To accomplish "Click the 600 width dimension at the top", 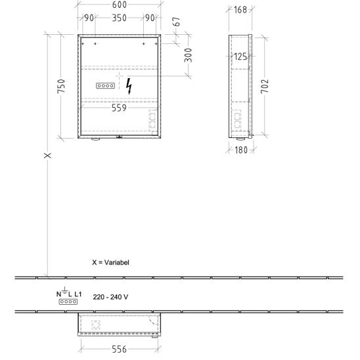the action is tap(120, 5).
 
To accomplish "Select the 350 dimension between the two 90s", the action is tap(119, 18).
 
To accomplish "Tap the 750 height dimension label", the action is tap(61, 86).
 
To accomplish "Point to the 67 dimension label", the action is tap(176, 22).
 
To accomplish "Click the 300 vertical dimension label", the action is tap(188, 55).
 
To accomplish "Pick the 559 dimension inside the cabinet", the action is tap(119, 108).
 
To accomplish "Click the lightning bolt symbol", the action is tap(129, 86).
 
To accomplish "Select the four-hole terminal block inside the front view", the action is tap(105, 86).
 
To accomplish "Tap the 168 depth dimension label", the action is tap(240, 10).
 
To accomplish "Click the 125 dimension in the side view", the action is tap(240, 56).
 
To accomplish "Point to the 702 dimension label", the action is tap(265, 86).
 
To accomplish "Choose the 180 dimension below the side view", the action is tap(241, 150).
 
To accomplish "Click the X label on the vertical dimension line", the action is tap(47, 156).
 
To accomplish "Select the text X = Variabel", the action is tap(110, 262).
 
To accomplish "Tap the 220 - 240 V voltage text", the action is tap(110, 297).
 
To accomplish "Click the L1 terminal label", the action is tap(78, 294).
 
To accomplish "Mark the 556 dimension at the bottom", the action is tap(119, 349).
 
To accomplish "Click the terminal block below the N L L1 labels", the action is tap(68, 302).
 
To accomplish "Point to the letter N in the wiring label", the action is tap(58, 294).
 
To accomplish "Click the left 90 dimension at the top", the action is tap(89, 18).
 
